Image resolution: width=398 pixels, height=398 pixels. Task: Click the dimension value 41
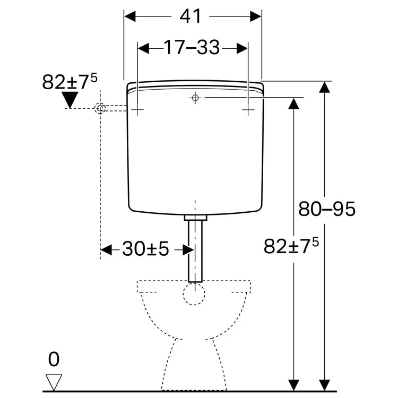[x=191, y=16]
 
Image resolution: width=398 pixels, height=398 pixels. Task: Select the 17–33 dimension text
[x=192, y=47]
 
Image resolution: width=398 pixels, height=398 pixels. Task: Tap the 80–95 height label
[x=327, y=209]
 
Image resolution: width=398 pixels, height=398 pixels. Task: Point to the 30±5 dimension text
[x=145, y=249]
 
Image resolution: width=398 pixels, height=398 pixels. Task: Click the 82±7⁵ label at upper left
[x=70, y=81]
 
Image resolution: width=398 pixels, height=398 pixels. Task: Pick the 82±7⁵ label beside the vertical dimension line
[x=291, y=245]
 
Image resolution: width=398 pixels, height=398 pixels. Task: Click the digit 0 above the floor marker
[x=54, y=359]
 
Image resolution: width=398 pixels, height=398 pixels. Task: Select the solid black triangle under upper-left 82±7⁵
[x=70, y=100]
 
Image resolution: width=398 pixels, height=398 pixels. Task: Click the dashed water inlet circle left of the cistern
[x=100, y=108]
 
